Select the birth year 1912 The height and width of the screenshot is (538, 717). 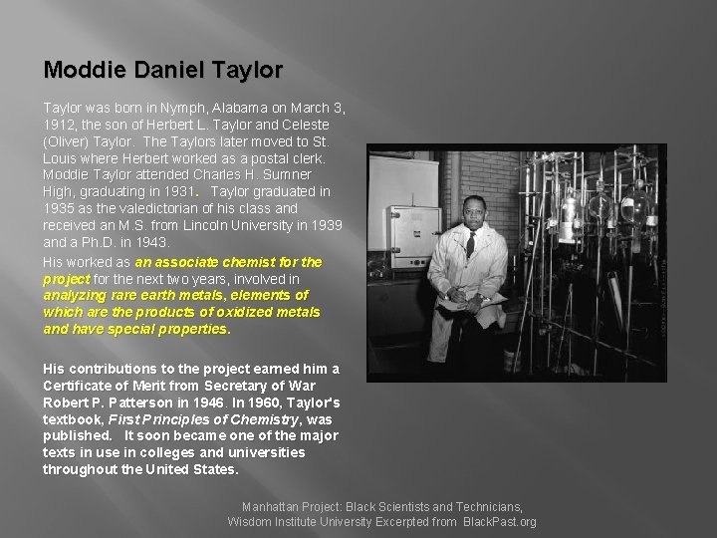click(x=61, y=125)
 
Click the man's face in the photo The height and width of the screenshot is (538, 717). click(x=474, y=212)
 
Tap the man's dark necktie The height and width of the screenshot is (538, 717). click(x=471, y=244)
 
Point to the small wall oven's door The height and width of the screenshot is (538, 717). click(x=412, y=234)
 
